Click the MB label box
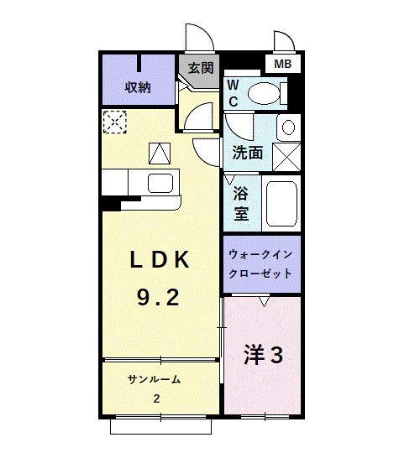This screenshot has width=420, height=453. click(x=280, y=63)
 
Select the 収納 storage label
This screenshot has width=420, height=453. click(x=138, y=87)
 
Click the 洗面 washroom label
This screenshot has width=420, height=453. click(x=248, y=153)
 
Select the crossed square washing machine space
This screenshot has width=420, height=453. click(x=287, y=157)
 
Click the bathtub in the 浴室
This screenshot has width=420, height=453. click(x=282, y=203)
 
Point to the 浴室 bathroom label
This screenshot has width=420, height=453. click(x=241, y=202)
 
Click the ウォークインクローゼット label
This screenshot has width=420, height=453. click(x=260, y=264)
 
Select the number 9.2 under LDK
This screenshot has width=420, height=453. click(x=158, y=296)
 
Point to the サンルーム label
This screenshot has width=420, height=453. click(x=154, y=379)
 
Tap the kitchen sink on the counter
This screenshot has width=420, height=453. click(x=160, y=183)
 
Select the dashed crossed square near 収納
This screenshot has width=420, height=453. click(x=113, y=122)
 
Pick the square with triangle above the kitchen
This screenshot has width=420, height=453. click(x=158, y=154)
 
